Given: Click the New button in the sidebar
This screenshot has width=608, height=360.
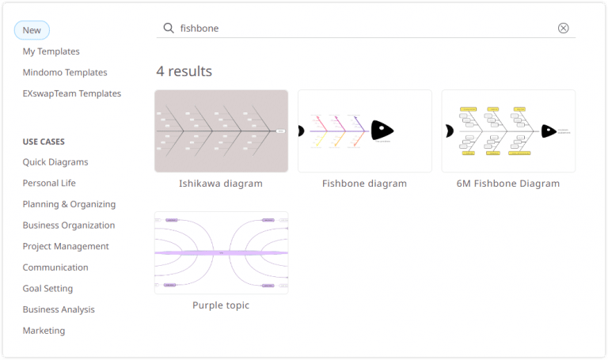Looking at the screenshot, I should (32, 30).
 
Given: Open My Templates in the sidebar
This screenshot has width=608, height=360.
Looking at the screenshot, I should (51, 51).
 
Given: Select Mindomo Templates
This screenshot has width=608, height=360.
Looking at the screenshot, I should (65, 72).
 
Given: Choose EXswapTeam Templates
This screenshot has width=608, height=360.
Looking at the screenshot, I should (72, 93).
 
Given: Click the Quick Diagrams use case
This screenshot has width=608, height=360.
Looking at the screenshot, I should (55, 162).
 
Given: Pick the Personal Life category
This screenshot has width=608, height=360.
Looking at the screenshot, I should (49, 183).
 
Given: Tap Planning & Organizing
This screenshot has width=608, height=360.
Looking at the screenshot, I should (69, 204).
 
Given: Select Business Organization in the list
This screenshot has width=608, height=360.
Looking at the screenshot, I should (69, 225).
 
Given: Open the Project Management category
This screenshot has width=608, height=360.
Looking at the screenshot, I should (66, 246).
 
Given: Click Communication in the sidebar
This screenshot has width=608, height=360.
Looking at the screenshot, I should (55, 267).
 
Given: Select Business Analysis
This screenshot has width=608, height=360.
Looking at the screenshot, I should (59, 309).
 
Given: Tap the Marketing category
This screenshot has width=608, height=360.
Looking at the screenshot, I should (44, 331).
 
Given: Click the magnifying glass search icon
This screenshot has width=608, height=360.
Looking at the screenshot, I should (169, 28).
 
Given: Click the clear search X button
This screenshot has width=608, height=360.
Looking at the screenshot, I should (564, 28).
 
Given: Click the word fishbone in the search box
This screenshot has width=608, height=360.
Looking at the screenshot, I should (199, 28).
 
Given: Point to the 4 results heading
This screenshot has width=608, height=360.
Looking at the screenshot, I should (184, 71).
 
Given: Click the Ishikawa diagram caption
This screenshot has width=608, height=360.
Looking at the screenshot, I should (221, 184).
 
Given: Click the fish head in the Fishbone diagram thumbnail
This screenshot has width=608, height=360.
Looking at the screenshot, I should (382, 131).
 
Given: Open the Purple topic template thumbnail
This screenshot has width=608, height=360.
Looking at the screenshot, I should (221, 252).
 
